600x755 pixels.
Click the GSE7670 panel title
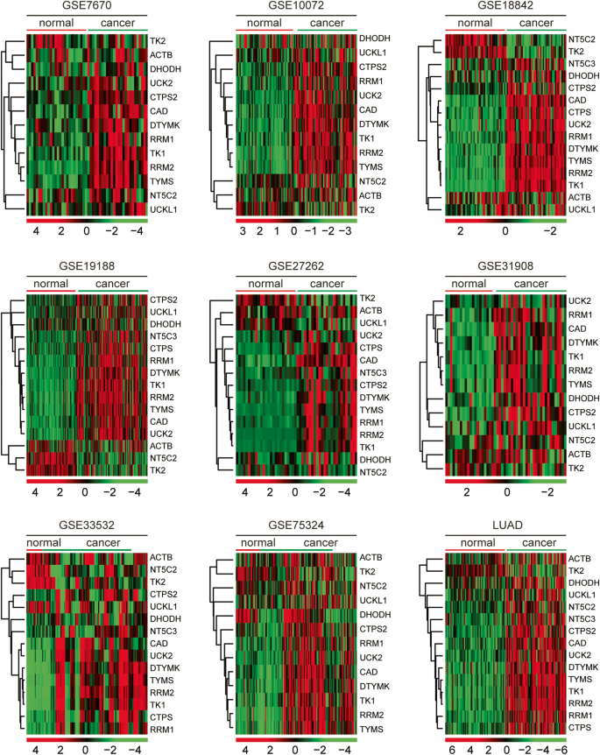coord(88,7)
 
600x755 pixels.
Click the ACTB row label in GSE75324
coord(375,558)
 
